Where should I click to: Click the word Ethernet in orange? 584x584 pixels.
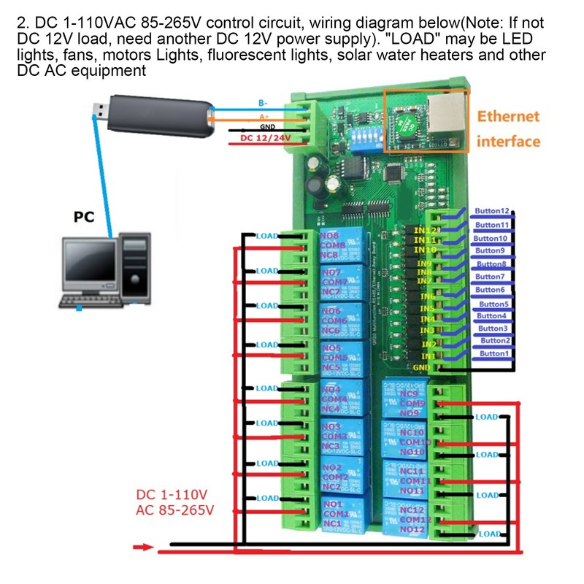(x=508, y=116)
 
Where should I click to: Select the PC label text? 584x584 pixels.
(x=85, y=217)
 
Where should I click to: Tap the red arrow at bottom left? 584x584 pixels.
(x=143, y=546)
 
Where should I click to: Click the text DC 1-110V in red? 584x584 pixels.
(x=172, y=494)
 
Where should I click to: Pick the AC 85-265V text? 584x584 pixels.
(x=174, y=510)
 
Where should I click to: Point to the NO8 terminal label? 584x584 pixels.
(x=331, y=236)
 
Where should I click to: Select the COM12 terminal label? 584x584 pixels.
(x=413, y=519)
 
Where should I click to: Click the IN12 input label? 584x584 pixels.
(x=424, y=230)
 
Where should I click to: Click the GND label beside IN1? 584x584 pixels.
(x=421, y=367)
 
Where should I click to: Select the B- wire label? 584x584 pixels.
(x=262, y=104)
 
